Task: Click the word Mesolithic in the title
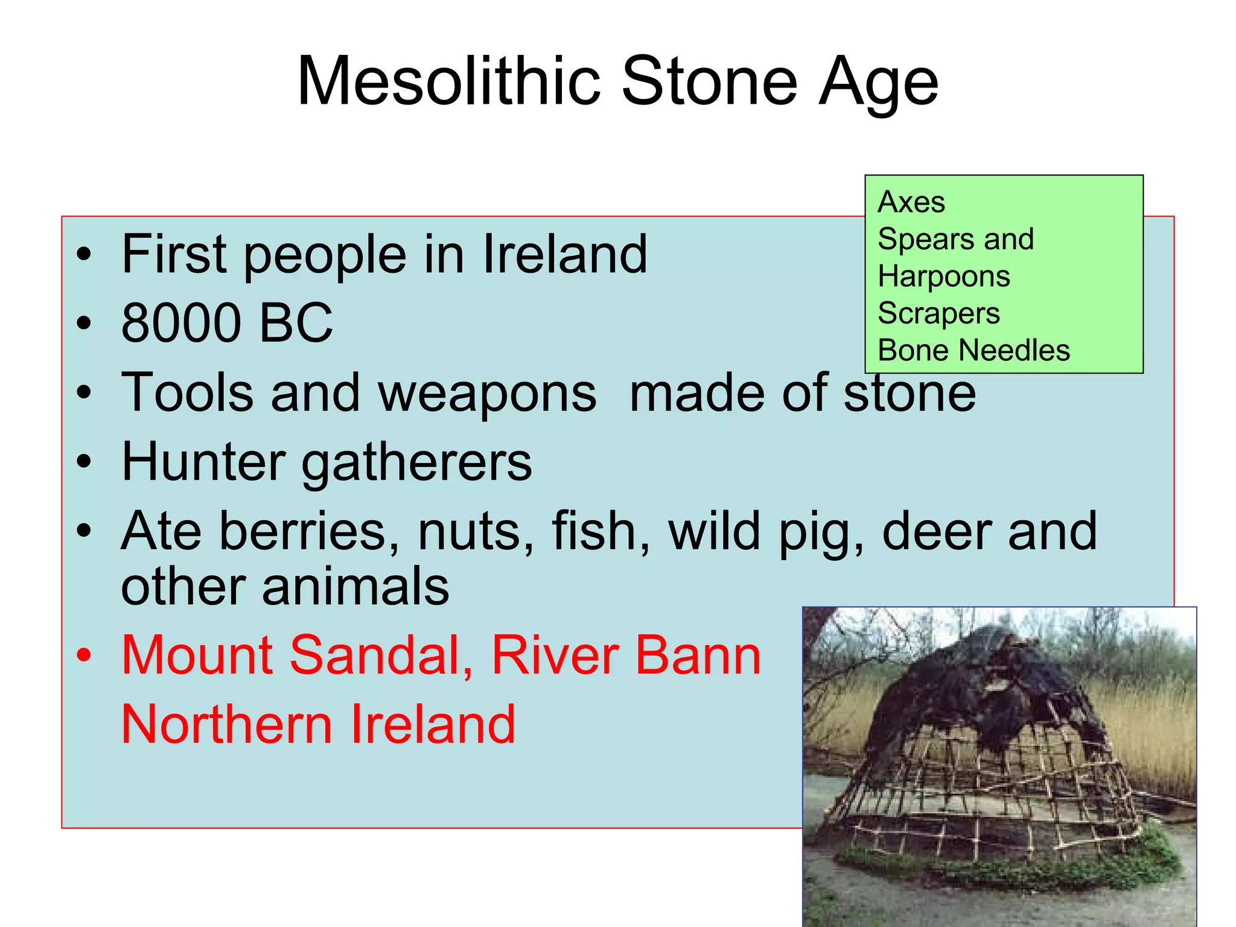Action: click(449, 81)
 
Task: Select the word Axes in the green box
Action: click(911, 202)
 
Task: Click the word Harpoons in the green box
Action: click(944, 276)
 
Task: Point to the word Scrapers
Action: click(939, 314)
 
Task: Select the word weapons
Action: click(487, 393)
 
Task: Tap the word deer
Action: click(936, 531)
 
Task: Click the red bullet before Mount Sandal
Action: click(84, 655)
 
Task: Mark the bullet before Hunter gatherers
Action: click(84, 462)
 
